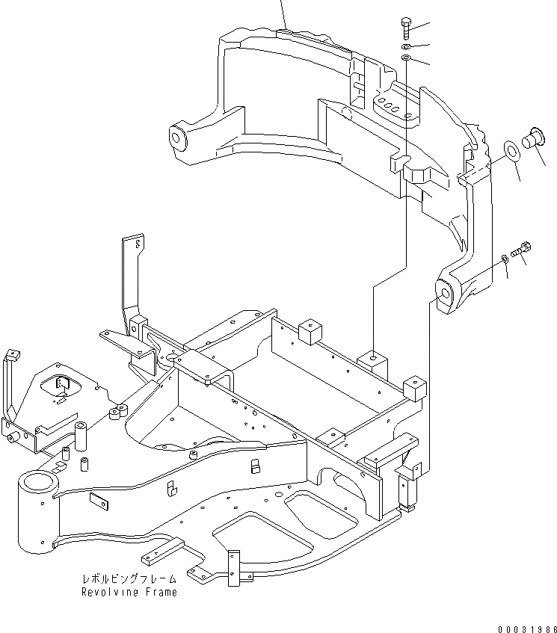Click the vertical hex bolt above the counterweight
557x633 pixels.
405,28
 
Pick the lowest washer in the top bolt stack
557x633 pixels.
405,58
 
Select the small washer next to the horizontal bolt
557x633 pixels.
505,258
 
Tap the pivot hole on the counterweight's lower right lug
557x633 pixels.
444,294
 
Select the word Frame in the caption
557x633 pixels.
162,593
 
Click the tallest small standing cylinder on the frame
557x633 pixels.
80,436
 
